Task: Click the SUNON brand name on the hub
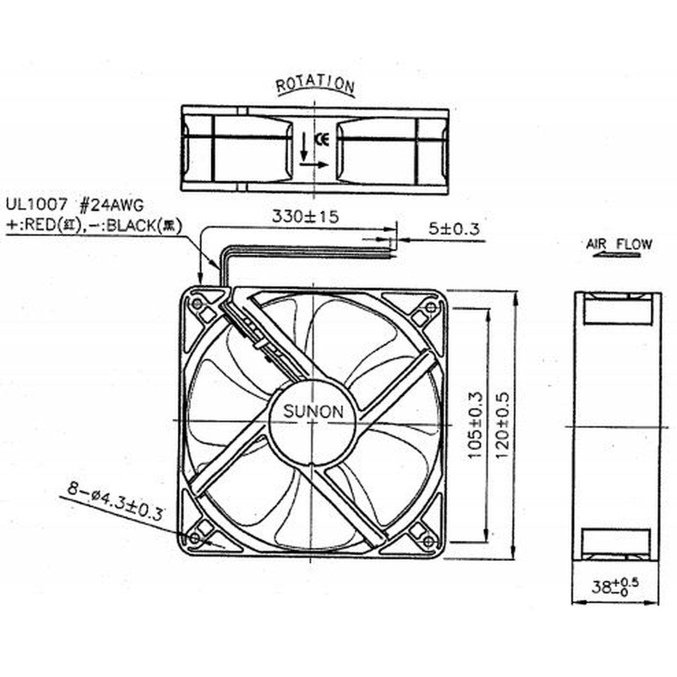point(313,412)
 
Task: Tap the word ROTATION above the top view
point(315,85)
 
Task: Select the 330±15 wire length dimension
point(305,216)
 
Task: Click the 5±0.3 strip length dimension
point(454,228)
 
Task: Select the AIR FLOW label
point(619,244)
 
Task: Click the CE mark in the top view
point(322,140)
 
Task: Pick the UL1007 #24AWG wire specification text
point(75,205)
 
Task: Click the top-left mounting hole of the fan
point(196,304)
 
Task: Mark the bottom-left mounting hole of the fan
point(195,538)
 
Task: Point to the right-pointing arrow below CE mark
point(314,164)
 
